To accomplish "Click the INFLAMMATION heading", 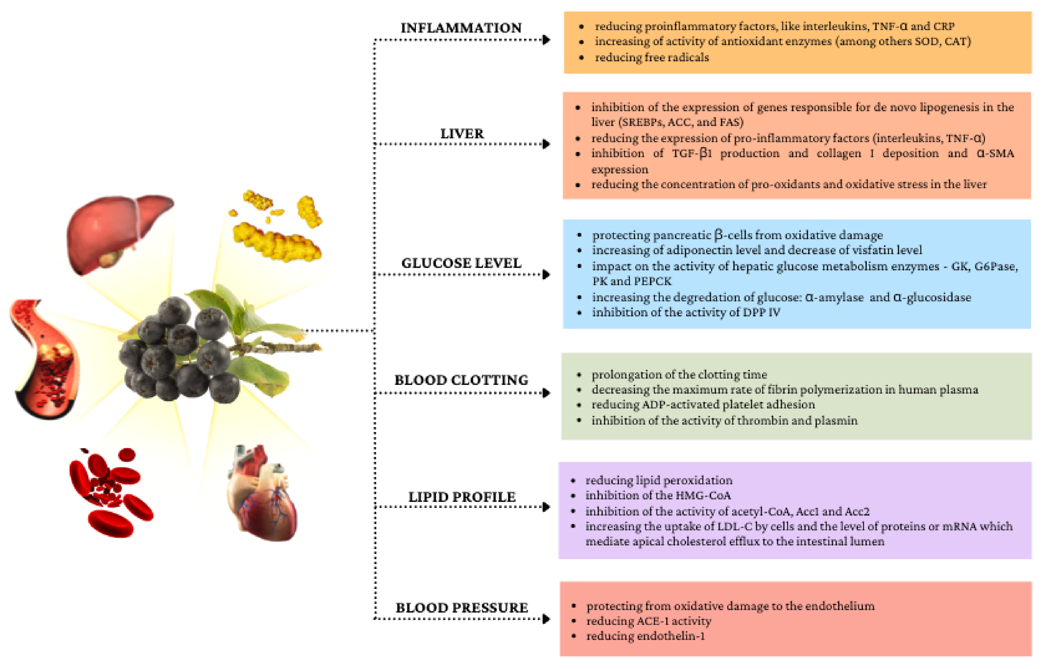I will pos(461,28).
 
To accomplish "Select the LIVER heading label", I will pos(462,133).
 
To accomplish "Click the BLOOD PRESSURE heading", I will pos(462,607).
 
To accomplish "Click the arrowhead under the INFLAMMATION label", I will pos(546,40).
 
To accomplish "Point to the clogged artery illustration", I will pos(46,358).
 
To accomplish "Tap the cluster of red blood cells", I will pos(111,493).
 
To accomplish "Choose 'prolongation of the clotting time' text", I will pos(679,374).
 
